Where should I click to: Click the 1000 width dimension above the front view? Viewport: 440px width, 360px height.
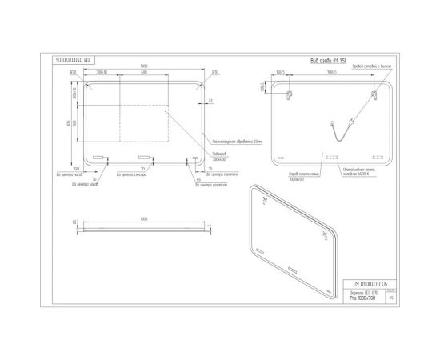(143, 65)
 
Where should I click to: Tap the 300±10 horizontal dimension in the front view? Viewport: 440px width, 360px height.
(102, 73)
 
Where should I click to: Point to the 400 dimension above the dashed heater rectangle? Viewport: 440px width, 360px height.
(143, 73)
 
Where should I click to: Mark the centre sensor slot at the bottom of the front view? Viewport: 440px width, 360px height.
(143, 157)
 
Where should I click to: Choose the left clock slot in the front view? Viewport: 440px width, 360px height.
(99, 158)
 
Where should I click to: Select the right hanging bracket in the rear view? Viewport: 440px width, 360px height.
(373, 94)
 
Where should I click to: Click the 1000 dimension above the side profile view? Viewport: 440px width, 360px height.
(144, 217)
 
